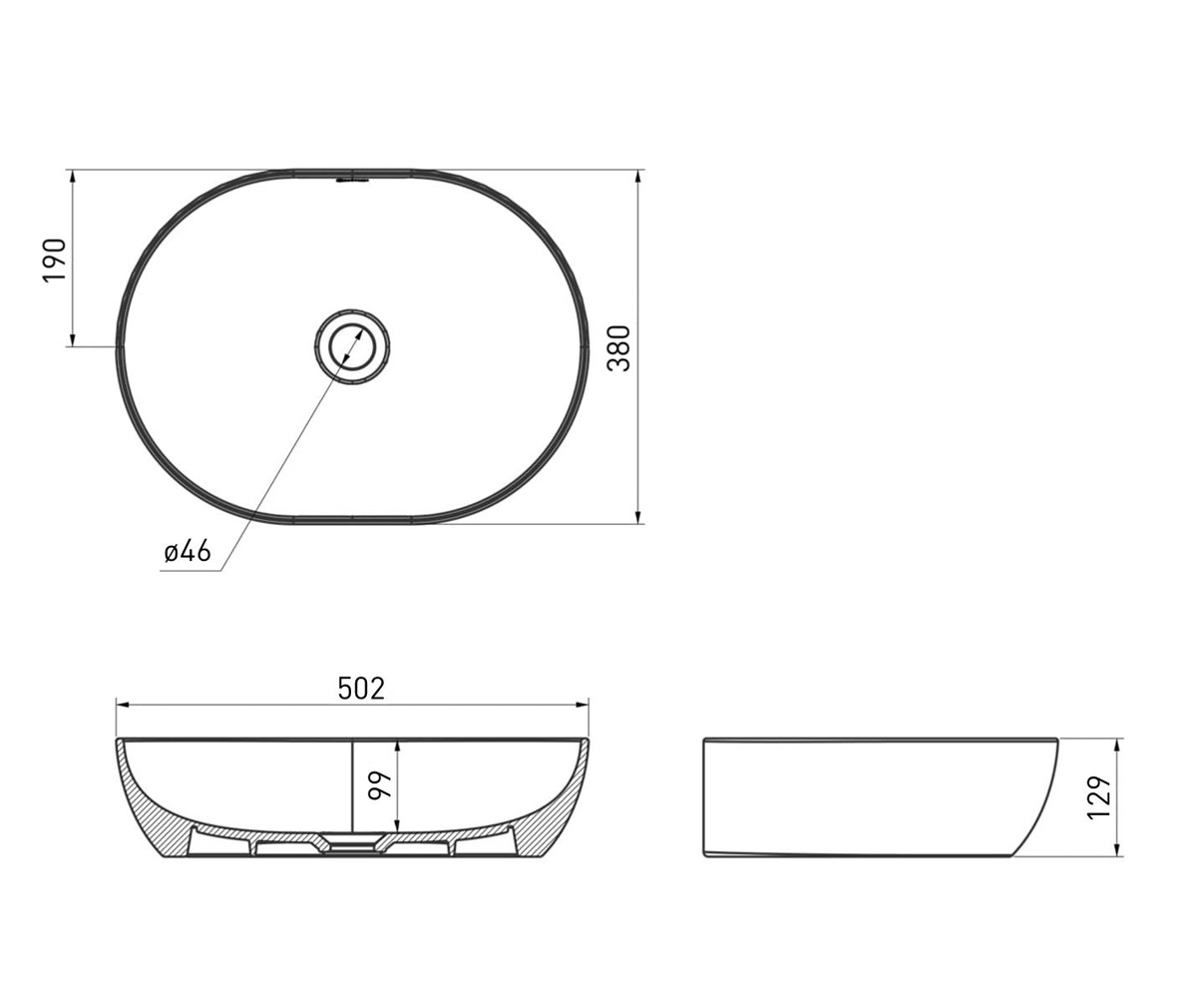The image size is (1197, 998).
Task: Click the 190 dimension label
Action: pos(55,259)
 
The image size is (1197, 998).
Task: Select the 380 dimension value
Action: pos(618,348)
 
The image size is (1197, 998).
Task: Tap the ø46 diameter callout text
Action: pos(188,552)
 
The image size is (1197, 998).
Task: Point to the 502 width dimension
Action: pos(361,689)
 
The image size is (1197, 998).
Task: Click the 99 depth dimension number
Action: pos(380,785)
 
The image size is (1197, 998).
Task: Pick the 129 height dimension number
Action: pos(1099,797)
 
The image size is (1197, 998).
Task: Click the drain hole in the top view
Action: pos(352,346)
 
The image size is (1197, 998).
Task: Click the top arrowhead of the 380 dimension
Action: pos(638,178)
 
